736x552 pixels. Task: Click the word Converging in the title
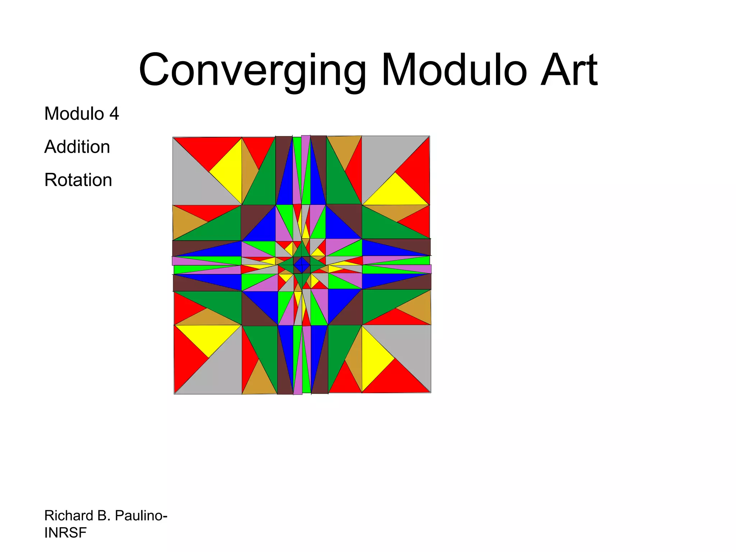click(252, 70)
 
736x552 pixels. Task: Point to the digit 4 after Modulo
click(114, 114)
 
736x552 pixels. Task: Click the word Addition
click(77, 147)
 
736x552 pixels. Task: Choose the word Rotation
click(78, 180)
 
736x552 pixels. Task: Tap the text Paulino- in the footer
click(141, 516)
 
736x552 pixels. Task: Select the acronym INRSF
click(65, 533)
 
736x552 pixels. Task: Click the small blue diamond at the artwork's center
click(302, 265)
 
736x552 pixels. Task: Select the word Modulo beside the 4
click(74, 114)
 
